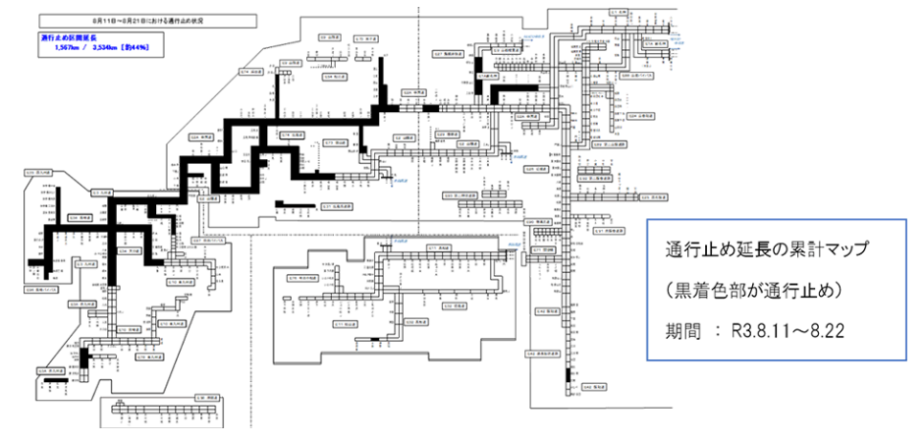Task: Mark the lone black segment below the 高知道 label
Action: coord(376,339)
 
